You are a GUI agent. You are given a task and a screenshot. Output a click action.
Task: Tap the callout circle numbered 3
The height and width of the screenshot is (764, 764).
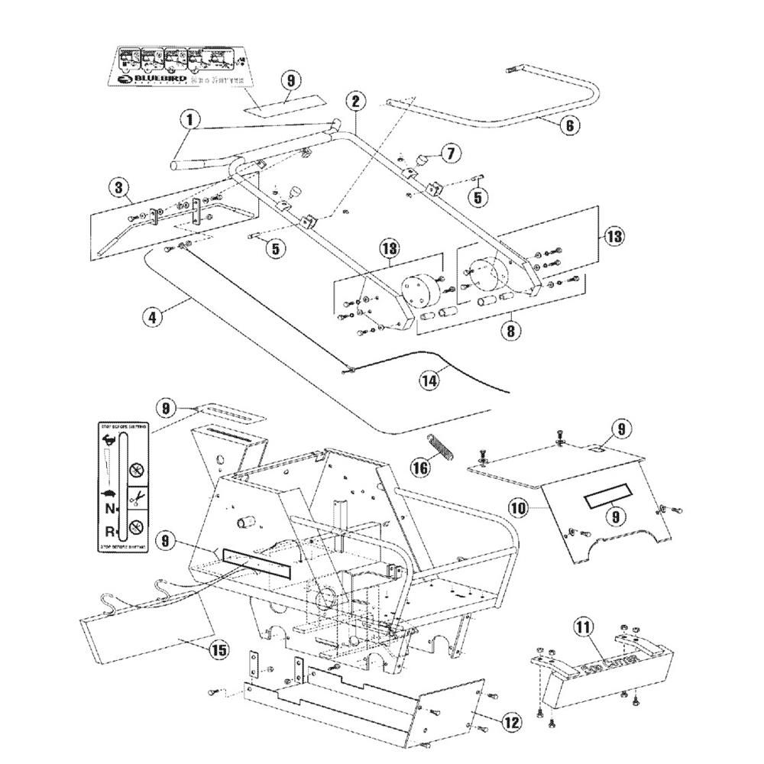click(x=118, y=186)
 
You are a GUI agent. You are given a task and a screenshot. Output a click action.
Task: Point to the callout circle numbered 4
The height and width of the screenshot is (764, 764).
click(x=154, y=316)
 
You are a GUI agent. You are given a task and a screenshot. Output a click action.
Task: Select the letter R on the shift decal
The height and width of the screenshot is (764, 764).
click(x=112, y=529)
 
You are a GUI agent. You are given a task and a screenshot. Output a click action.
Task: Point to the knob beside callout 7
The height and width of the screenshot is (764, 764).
click(x=421, y=159)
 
